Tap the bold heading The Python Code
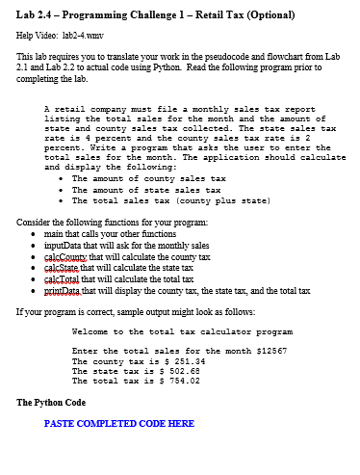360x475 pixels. pyautogui.click(x=51, y=402)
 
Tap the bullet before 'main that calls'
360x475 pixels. pyautogui.click(x=35, y=235)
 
